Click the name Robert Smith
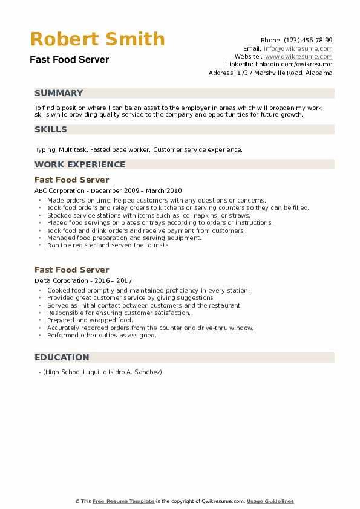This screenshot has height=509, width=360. (x=97, y=39)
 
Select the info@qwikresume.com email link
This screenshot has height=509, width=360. (x=298, y=48)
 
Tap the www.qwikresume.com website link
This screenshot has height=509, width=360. (x=298, y=56)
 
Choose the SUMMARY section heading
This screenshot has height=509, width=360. (x=59, y=93)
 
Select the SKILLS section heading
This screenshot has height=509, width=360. (x=51, y=129)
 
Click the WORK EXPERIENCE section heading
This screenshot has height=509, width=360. (x=80, y=164)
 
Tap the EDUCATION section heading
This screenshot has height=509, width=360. (x=62, y=357)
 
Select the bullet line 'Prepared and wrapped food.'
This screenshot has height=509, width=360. (x=90, y=320)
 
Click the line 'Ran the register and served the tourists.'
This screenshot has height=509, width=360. (x=108, y=245)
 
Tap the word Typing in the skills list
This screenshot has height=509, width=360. (x=45, y=149)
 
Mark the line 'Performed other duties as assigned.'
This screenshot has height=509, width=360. (x=102, y=336)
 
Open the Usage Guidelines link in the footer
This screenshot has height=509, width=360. (x=270, y=501)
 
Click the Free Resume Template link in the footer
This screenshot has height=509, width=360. (x=123, y=501)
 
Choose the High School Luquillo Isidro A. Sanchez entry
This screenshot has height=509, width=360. (x=102, y=372)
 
